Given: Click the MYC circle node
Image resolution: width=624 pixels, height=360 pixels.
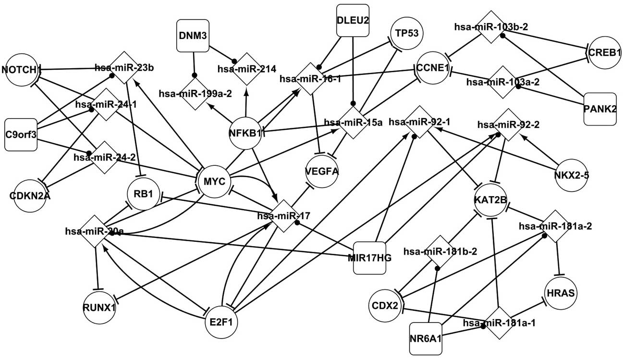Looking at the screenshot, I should tap(215, 182).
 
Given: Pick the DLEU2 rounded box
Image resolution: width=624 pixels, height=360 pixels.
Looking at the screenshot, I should tap(353, 20).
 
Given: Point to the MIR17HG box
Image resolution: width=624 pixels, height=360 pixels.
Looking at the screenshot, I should tap(369, 257).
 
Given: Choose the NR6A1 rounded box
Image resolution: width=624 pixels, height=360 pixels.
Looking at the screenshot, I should tap(426, 338).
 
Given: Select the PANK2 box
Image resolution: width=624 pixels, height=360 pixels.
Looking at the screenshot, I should tap(600, 109).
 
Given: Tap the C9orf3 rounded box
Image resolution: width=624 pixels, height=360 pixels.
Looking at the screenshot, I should tap(21, 134).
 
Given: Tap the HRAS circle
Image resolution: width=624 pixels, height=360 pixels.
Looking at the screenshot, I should tap(560, 293).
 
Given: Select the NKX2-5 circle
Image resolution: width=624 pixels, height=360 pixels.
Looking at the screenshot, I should tap(571, 175).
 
